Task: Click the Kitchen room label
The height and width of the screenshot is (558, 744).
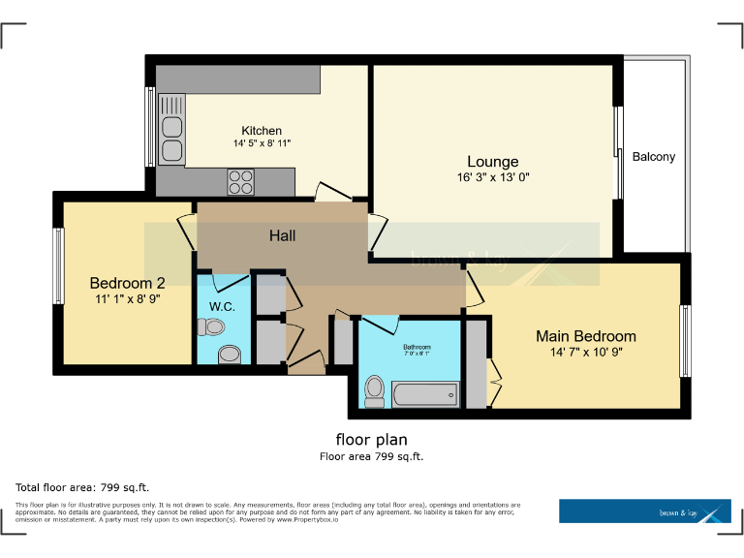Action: click(262, 131)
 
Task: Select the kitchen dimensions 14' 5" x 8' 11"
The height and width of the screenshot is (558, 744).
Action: click(262, 143)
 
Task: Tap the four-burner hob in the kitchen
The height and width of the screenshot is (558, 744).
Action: click(240, 180)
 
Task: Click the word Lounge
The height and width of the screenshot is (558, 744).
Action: click(492, 162)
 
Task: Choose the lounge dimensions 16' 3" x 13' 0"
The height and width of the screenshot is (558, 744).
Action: click(493, 177)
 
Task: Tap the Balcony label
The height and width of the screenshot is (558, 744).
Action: click(654, 156)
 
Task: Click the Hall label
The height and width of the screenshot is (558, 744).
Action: click(283, 235)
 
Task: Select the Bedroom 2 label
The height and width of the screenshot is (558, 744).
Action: click(127, 283)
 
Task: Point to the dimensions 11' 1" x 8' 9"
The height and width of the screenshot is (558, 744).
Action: click(127, 299)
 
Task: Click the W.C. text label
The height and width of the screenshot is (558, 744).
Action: click(222, 307)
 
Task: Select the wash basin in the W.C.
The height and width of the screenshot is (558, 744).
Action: click(230, 355)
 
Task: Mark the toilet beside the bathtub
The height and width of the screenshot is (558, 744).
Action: click(375, 389)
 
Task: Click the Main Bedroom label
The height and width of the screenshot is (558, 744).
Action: click(586, 336)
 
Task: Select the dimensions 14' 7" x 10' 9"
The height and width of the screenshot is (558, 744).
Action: click(586, 352)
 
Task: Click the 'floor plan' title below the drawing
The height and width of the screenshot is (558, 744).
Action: click(372, 438)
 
